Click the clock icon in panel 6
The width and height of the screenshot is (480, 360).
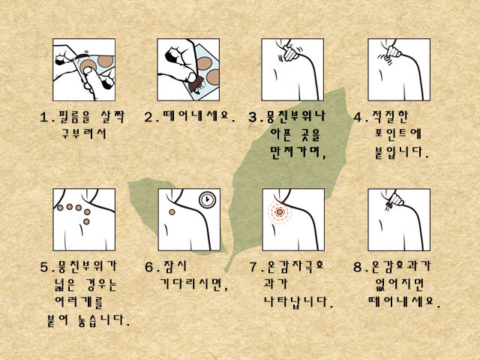coord(208,200)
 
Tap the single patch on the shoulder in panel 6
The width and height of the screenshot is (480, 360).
coord(172,211)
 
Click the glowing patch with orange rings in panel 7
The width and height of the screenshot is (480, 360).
coord(280,211)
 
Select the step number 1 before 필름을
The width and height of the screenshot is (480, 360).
coord(44,117)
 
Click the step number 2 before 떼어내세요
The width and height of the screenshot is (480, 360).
coord(148,117)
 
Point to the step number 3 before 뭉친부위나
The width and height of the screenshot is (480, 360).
coord(253,117)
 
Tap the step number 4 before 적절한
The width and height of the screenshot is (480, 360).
coord(358,117)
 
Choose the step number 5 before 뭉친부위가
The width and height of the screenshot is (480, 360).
coord(45,267)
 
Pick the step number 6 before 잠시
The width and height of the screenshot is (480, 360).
coord(149,267)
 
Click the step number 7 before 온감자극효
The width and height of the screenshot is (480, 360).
coord(253,267)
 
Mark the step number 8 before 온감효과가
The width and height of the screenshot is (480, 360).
coord(358,267)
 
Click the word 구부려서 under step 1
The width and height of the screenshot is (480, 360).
coord(84,133)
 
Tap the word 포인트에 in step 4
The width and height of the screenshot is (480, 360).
coord(398,133)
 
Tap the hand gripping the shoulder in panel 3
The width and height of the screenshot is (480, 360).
coord(291,53)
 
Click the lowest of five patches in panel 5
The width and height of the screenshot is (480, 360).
coord(86,221)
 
